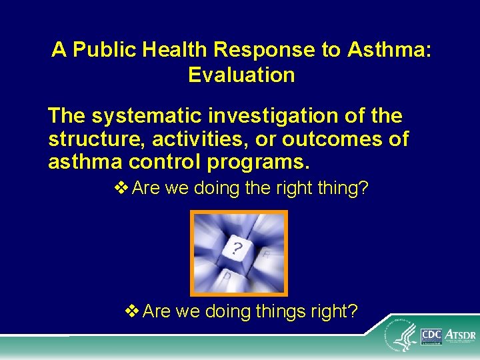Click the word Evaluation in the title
click(241, 75)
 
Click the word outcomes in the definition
click(333, 140)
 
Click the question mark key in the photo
click(237, 249)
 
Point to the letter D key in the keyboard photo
click(227, 275)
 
